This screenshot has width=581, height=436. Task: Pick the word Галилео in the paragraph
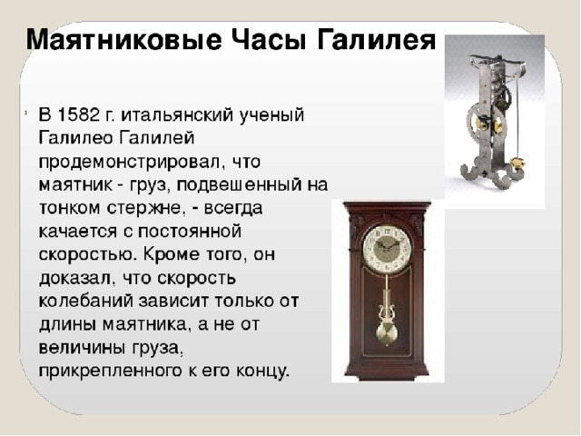(x=75, y=138)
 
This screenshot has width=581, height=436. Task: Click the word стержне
(x=147, y=209)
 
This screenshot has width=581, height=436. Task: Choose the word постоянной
(x=190, y=232)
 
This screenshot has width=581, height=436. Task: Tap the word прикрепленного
(x=108, y=372)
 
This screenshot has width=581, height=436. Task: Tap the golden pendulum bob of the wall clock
(x=387, y=334)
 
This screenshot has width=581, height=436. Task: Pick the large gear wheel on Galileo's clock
(x=486, y=122)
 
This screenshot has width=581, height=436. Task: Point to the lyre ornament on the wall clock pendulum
(x=387, y=311)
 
